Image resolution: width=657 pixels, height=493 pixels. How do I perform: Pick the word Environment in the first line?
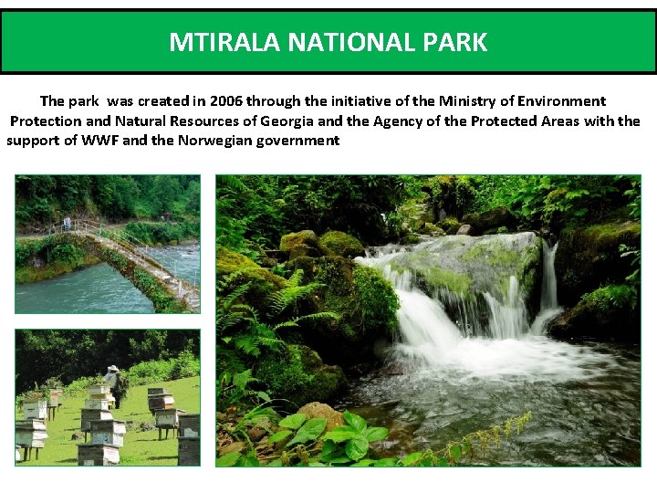(567, 100)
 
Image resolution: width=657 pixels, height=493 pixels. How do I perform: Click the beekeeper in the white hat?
(114, 383)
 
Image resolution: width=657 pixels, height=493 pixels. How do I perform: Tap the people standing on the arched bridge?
(67, 222)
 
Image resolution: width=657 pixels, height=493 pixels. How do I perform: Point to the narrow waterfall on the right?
(548, 278)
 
